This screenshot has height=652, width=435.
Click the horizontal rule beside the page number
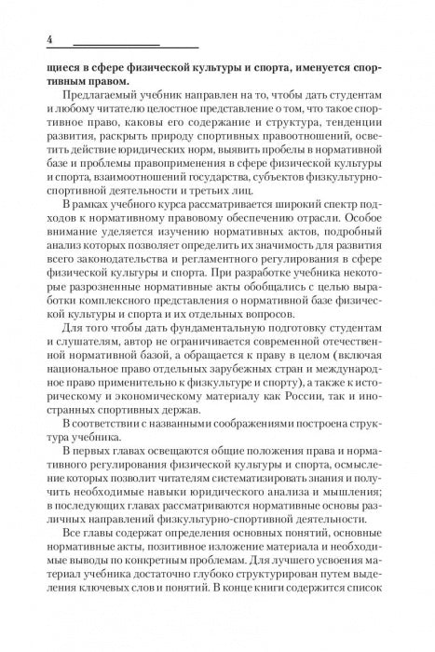tap(135, 45)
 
